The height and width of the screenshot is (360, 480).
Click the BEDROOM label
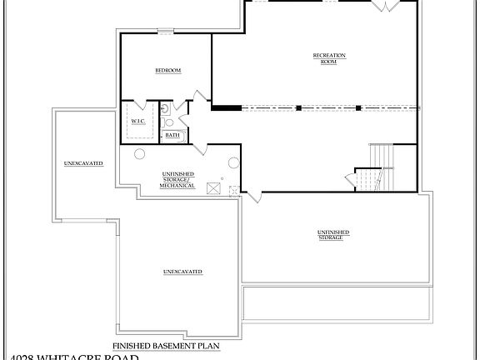coord(168,71)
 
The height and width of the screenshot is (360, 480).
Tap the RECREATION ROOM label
coord(328,58)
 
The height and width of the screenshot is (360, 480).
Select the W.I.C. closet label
coord(137,121)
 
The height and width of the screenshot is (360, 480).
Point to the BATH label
coord(172,135)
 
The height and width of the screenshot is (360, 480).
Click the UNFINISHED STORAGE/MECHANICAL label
coord(177,179)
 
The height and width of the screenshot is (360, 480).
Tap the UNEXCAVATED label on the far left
coord(83,163)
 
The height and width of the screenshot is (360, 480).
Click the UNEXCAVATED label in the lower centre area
coord(182,272)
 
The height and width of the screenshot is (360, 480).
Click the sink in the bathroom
coord(165,108)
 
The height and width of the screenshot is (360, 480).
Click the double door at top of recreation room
coord(384,7)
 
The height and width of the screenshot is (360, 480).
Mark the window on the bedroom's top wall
coord(166,32)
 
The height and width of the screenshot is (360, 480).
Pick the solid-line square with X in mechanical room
coord(214,189)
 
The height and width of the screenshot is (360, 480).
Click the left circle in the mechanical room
coord(139,152)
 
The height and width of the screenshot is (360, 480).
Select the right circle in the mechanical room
coord(234,162)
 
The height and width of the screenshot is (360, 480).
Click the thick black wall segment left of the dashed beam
coord(226,107)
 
